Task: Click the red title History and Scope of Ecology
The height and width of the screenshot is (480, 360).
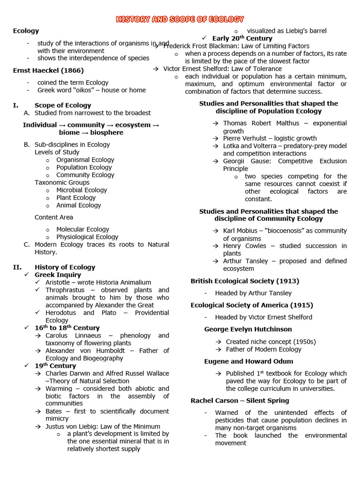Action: pos(180,19)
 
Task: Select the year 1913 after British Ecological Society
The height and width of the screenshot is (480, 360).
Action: pos(288,281)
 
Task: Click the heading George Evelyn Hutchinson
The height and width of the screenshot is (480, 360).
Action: pos(248,330)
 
